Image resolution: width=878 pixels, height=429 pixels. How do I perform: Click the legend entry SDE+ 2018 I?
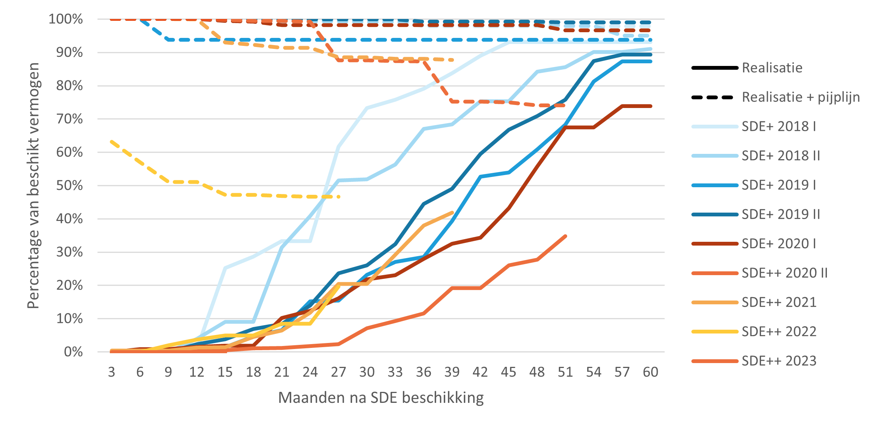[x=778, y=126]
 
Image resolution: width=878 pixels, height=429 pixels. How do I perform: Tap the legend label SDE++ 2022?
[x=779, y=332]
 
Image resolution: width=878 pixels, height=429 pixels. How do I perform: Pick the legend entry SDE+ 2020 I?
[x=778, y=244]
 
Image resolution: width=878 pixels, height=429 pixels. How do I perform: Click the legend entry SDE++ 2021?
[x=779, y=302]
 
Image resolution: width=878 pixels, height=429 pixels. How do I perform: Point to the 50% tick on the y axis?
[x=70, y=186]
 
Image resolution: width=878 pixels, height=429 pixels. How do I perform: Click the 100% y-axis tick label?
[x=66, y=19]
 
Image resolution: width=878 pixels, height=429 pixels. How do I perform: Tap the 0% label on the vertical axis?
[x=73, y=352]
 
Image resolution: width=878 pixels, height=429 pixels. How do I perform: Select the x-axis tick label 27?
[x=338, y=372]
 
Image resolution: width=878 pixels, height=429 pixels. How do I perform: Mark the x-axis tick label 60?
[x=650, y=372]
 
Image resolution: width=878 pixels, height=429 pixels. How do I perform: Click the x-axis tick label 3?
[x=111, y=372]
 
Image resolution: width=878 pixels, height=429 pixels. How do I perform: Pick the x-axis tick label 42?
[x=480, y=372]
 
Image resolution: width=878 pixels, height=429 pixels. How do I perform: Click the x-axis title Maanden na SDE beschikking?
[x=381, y=398]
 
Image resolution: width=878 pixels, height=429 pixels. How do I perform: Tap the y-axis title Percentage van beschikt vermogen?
[x=33, y=186]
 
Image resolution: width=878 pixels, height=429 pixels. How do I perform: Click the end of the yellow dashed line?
[x=339, y=197]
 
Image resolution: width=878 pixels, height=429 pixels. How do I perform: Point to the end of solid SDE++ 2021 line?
[x=452, y=213]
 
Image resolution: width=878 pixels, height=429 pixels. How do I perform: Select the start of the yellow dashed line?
[x=111, y=141]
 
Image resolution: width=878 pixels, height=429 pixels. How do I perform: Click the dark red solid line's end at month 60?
[x=650, y=106]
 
